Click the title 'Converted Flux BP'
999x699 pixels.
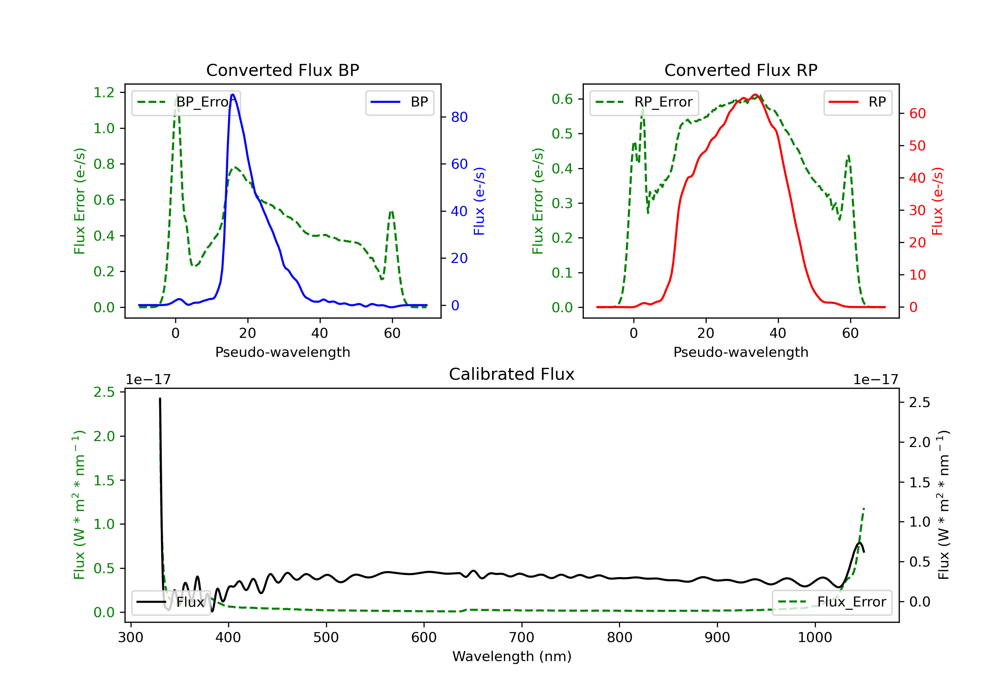pyautogui.click(x=282, y=70)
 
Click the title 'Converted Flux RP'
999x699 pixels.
pyautogui.click(x=741, y=70)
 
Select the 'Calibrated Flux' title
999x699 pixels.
pyautogui.click(x=512, y=374)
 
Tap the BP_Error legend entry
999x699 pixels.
pyautogui.click(x=186, y=102)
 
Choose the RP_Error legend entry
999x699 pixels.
pyautogui.click(x=644, y=102)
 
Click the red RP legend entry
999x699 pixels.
pyautogui.click(x=857, y=102)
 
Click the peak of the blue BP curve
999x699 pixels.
pyautogui.click(x=233, y=95)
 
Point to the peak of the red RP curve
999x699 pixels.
pyautogui.click(x=756, y=95)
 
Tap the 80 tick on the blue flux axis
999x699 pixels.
pyautogui.click(x=459, y=117)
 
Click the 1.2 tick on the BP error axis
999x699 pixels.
pyautogui.click(x=104, y=93)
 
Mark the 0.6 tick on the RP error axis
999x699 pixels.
pyautogui.click(x=562, y=99)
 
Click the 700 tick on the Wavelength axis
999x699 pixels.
pyautogui.click(x=522, y=638)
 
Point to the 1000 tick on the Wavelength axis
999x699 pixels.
pyautogui.click(x=815, y=638)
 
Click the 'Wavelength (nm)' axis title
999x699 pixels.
pyautogui.click(x=512, y=656)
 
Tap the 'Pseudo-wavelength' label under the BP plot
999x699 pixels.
pyautogui.click(x=283, y=352)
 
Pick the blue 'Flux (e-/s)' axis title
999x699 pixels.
pyautogui.click(x=479, y=201)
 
